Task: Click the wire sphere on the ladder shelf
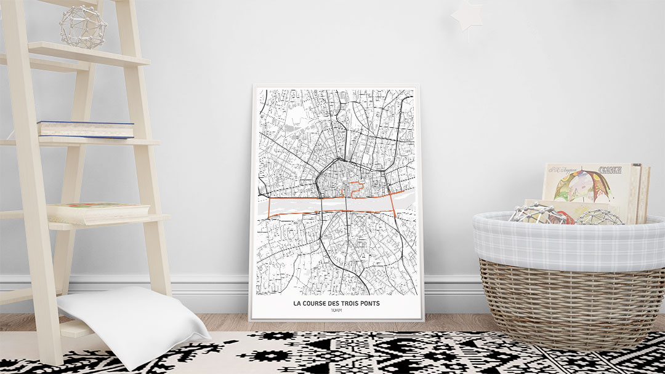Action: (83, 26)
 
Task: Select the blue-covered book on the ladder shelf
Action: (86, 129)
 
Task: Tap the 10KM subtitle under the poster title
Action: (336, 312)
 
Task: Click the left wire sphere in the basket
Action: (534, 213)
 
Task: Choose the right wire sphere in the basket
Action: (598, 216)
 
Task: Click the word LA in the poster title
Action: (297, 304)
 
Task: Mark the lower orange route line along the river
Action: (332, 211)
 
